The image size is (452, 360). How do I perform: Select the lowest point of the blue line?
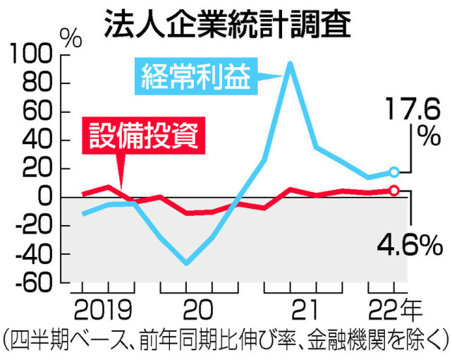[186, 263]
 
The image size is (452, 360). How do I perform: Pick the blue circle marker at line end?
[394, 172]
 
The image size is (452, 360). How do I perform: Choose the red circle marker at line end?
[394, 190]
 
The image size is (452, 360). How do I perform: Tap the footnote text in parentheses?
[226, 340]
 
